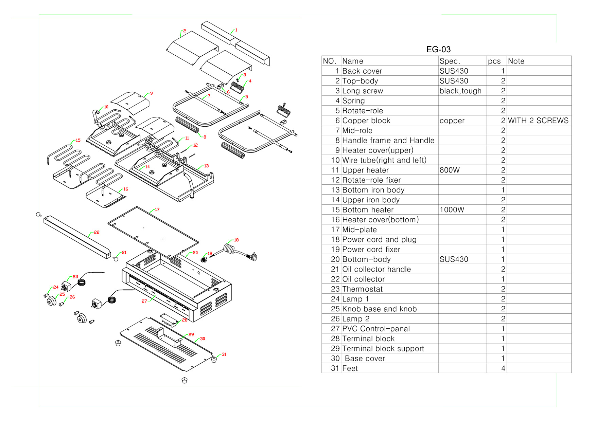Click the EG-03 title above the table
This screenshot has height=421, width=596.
tap(438, 50)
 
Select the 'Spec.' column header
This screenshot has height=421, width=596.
tap(450, 61)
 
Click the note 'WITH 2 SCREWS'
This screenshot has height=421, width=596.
tap(538, 121)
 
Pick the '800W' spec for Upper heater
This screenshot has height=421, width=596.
tap(449, 170)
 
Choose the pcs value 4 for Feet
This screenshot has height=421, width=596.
tap(503, 368)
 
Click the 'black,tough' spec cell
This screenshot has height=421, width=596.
tap(460, 91)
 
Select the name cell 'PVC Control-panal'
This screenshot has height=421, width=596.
tap(376, 329)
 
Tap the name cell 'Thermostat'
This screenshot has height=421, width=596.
tap(362, 289)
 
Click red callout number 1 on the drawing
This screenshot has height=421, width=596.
tap(236, 30)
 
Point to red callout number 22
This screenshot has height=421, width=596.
tap(97, 233)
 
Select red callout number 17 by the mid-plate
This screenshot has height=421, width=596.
tap(157, 210)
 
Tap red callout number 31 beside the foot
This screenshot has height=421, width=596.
tap(224, 354)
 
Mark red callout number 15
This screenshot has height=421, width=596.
tap(78, 140)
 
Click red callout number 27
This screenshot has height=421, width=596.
tap(144, 301)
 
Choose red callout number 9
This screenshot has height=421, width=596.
tap(151, 93)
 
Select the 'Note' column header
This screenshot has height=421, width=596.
tap(516, 61)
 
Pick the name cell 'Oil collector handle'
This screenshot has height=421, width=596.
tap(376, 269)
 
